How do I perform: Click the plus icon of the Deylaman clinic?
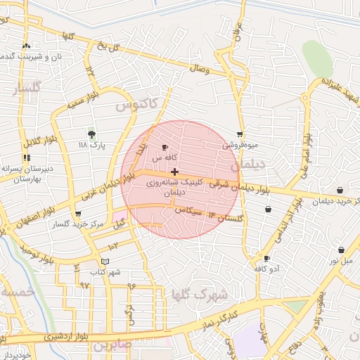174,172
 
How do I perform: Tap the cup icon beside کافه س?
165,148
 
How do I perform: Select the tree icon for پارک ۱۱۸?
91,134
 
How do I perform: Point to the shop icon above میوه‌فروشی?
240,134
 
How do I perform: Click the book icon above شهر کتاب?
105,261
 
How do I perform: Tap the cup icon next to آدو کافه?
266,258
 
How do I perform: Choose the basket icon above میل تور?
341,250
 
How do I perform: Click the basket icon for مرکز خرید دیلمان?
340,190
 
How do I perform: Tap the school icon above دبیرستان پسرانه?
27,158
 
